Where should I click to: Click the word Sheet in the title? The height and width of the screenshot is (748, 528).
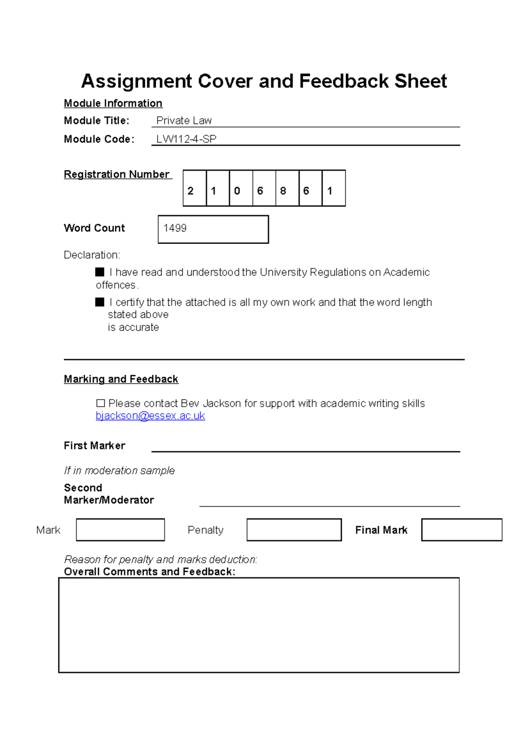pyautogui.click(x=420, y=81)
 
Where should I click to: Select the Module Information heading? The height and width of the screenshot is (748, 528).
pyautogui.click(x=113, y=104)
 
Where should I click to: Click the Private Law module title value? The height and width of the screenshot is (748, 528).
pyautogui.click(x=184, y=121)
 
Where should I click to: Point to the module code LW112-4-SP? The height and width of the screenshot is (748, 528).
pyautogui.click(x=187, y=139)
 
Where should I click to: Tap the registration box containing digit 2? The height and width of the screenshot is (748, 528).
pyautogui.click(x=194, y=189)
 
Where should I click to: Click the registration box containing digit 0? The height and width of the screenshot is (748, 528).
pyautogui.click(x=241, y=189)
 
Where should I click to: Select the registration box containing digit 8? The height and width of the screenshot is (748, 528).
pyautogui.click(x=287, y=189)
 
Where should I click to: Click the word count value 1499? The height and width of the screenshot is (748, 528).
pyautogui.click(x=175, y=228)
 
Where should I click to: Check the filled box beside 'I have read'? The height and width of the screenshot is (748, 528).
pyautogui.click(x=100, y=272)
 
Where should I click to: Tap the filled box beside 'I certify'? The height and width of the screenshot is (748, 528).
pyautogui.click(x=100, y=302)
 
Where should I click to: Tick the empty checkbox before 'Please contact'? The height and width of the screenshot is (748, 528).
pyautogui.click(x=100, y=403)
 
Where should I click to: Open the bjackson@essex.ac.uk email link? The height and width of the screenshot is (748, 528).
pyautogui.click(x=150, y=416)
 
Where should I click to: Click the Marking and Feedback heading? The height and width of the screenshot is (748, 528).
pyautogui.click(x=121, y=379)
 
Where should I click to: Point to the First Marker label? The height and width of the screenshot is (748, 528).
pyautogui.click(x=95, y=446)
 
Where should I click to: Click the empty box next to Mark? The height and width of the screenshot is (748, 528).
pyautogui.click(x=120, y=530)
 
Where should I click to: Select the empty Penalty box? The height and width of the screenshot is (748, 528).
pyautogui.click(x=294, y=530)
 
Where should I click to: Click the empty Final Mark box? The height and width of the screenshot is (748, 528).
pyautogui.click(x=462, y=530)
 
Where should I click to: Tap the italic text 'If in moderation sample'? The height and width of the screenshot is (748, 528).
pyautogui.click(x=119, y=471)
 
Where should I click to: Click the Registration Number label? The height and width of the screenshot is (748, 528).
pyautogui.click(x=117, y=174)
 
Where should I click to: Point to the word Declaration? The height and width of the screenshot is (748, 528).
pyautogui.click(x=92, y=255)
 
